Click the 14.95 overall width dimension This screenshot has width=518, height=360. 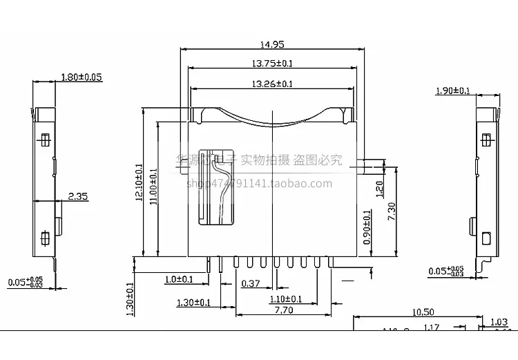pos(272,44)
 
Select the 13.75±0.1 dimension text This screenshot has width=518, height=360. pos(272,64)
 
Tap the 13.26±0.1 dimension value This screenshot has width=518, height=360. pos(272,84)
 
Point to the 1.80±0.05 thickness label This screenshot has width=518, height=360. pos(81,77)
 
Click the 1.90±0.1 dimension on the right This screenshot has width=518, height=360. pos(453,91)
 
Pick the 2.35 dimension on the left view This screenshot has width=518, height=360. pos(78,197)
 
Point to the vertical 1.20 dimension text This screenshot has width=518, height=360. pos(378,189)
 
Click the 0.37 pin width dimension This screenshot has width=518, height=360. pos(250,283)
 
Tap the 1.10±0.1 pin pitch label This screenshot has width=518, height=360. pos(285,299)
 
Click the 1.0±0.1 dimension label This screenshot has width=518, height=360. pos(179,279)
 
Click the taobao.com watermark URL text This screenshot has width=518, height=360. pos(259,183)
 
